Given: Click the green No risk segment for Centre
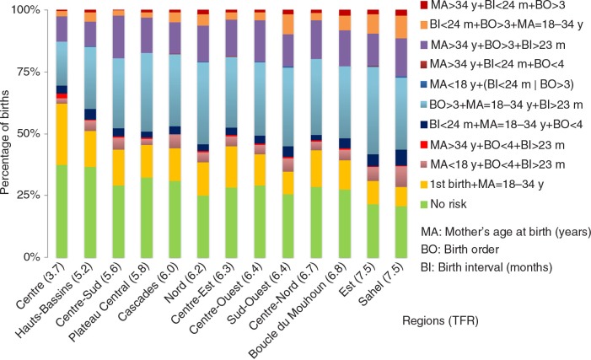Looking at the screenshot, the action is click(62, 211).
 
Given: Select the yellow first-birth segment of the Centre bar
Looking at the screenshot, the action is click(62, 134).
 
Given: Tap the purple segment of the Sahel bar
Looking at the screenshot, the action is click(401, 57).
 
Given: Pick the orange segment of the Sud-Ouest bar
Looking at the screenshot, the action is click(288, 24).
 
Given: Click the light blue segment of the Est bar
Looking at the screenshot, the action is click(373, 110).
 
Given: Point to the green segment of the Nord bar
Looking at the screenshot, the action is click(203, 227).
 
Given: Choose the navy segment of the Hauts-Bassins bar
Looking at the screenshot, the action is click(90, 115).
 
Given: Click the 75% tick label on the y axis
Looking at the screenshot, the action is click(27, 72).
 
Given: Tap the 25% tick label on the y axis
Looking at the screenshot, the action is click(27, 196).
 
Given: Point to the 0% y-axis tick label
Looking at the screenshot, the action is click(31, 257).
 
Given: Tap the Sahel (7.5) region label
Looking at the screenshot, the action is click(381, 284).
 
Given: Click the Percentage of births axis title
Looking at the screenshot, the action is click(5, 142).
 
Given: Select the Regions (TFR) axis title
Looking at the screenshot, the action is click(440, 320).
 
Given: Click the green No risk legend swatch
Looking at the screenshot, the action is click(424, 204).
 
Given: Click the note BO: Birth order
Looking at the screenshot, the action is click(459, 250).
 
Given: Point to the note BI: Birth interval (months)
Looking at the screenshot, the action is click(486, 267).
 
